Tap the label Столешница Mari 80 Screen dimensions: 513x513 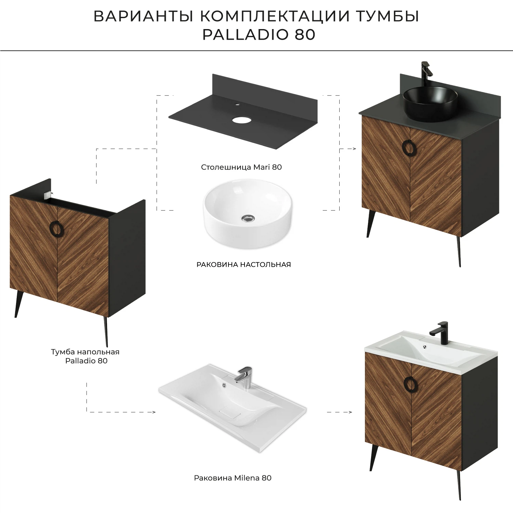pyautogui.click(x=241, y=167)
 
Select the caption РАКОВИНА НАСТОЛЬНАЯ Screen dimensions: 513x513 pyautogui.click(x=244, y=264)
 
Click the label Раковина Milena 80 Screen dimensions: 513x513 pyautogui.click(x=233, y=478)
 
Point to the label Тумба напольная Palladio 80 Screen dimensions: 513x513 pyautogui.click(x=85, y=356)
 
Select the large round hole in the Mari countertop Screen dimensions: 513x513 pyautogui.click(x=241, y=120)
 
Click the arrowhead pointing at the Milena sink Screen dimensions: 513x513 pyautogui.click(x=154, y=412)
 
